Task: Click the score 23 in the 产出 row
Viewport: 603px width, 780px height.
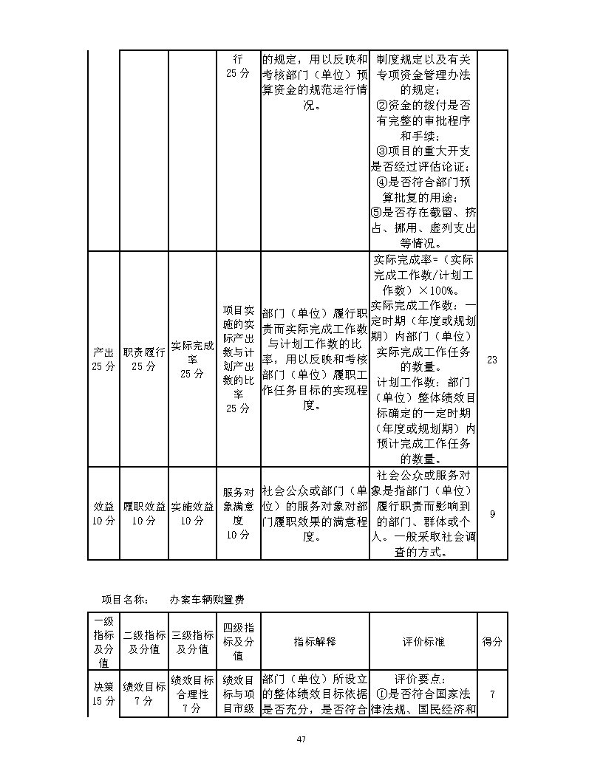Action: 492,360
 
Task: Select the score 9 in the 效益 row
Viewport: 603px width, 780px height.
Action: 492,514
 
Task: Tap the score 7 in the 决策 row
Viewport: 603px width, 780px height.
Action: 492,694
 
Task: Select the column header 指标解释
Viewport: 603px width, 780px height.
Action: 314,642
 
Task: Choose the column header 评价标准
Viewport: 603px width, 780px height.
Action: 422,642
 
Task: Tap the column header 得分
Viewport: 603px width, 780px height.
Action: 492,642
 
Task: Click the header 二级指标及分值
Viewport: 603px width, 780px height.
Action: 144,642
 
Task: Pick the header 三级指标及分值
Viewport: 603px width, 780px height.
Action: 192,642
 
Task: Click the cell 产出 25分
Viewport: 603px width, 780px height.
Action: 103,360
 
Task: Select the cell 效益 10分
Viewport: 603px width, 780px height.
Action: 103,514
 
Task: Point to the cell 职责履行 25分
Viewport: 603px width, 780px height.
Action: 144,360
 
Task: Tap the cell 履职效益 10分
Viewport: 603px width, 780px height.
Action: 144,514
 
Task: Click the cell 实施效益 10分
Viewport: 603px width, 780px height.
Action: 192,514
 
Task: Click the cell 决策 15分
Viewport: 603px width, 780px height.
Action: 103,694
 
